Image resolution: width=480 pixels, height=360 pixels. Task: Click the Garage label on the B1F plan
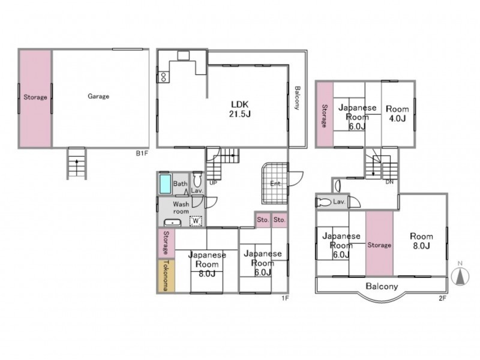(x=98, y=97)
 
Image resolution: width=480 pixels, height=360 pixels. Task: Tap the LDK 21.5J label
(x=240, y=109)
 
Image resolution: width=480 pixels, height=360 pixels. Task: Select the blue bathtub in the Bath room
(x=165, y=184)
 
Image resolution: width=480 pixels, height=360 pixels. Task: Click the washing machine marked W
(x=196, y=221)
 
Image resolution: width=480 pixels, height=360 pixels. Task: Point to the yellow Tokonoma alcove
(x=166, y=276)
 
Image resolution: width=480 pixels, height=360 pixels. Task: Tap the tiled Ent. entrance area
(x=275, y=184)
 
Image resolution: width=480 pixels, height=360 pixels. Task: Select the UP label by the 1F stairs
(x=213, y=183)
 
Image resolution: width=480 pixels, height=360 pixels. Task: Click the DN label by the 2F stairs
(x=389, y=182)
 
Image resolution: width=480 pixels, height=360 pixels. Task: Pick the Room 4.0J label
(x=397, y=113)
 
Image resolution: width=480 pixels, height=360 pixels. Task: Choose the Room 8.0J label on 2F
(x=422, y=241)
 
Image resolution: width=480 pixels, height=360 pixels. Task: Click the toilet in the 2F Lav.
(x=324, y=202)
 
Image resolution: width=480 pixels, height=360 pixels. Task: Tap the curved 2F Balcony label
(x=382, y=287)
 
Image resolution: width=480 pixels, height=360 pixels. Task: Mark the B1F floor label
(x=142, y=154)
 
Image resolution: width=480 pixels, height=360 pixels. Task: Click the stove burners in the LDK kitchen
(x=163, y=77)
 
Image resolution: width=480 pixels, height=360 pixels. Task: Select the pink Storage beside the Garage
(x=35, y=98)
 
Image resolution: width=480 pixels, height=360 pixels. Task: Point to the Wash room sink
(x=173, y=223)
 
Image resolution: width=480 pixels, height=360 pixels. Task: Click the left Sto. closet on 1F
(x=263, y=220)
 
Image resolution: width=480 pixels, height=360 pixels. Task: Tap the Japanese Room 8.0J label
(x=207, y=264)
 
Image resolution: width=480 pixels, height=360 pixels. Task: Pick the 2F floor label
(x=443, y=298)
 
